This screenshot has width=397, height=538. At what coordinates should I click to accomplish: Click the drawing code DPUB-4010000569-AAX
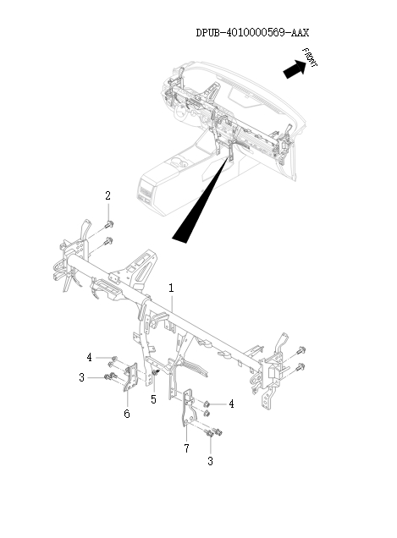click(x=251, y=33)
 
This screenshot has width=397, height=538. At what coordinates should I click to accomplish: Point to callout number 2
click(x=108, y=196)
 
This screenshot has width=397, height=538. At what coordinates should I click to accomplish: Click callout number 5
click(x=153, y=398)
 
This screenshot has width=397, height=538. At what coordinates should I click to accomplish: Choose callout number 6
click(x=127, y=414)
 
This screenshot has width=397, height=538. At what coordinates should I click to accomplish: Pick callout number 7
click(x=185, y=447)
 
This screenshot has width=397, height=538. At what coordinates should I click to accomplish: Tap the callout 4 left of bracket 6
click(x=88, y=357)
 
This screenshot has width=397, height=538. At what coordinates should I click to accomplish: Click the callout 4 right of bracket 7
click(x=231, y=404)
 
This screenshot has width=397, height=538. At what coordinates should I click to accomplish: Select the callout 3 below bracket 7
click(x=210, y=461)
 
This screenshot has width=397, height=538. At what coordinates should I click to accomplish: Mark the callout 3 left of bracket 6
click(x=81, y=377)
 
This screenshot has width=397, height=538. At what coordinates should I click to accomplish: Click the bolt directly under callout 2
click(x=110, y=224)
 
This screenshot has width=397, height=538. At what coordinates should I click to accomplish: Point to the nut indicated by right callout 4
click(x=206, y=404)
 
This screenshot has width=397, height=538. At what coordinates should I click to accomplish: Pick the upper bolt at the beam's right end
click(x=301, y=349)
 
